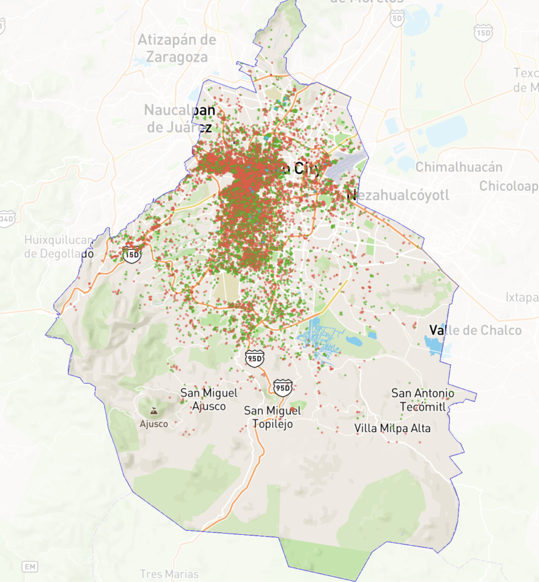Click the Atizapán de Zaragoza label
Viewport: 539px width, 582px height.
(x=177, y=48)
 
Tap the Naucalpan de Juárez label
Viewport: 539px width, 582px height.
(x=180, y=118)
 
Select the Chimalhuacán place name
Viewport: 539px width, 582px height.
(x=459, y=167)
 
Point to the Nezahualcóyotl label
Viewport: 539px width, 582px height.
(x=398, y=196)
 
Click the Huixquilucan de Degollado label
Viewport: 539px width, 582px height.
(x=59, y=247)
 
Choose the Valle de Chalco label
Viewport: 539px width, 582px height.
(x=475, y=330)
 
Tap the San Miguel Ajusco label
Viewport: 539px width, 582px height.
(x=209, y=399)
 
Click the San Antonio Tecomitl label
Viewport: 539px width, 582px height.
(x=423, y=400)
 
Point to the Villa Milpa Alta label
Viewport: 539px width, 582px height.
(x=392, y=428)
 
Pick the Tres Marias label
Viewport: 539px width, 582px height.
(x=169, y=573)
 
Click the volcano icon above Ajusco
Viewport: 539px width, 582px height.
(x=154, y=411)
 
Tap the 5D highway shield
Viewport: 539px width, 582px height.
(x=397, y=19)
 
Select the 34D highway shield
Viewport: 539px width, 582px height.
(x=7, y=218)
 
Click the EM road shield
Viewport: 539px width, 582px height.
(x=30, y=567)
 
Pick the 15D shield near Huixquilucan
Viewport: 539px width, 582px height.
(x=131, y=254)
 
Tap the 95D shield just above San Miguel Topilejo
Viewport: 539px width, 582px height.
(x=282, y=387)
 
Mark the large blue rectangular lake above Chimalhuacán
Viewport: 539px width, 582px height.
(x=446, y=131)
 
